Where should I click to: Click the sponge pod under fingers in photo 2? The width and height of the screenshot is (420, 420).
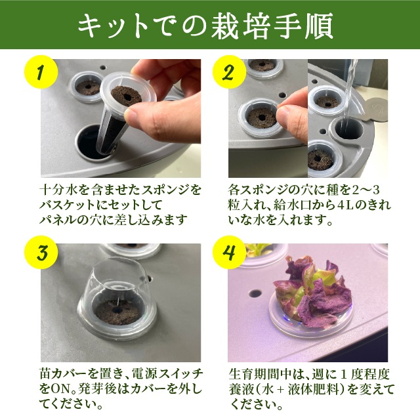click(x=262, y=120)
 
